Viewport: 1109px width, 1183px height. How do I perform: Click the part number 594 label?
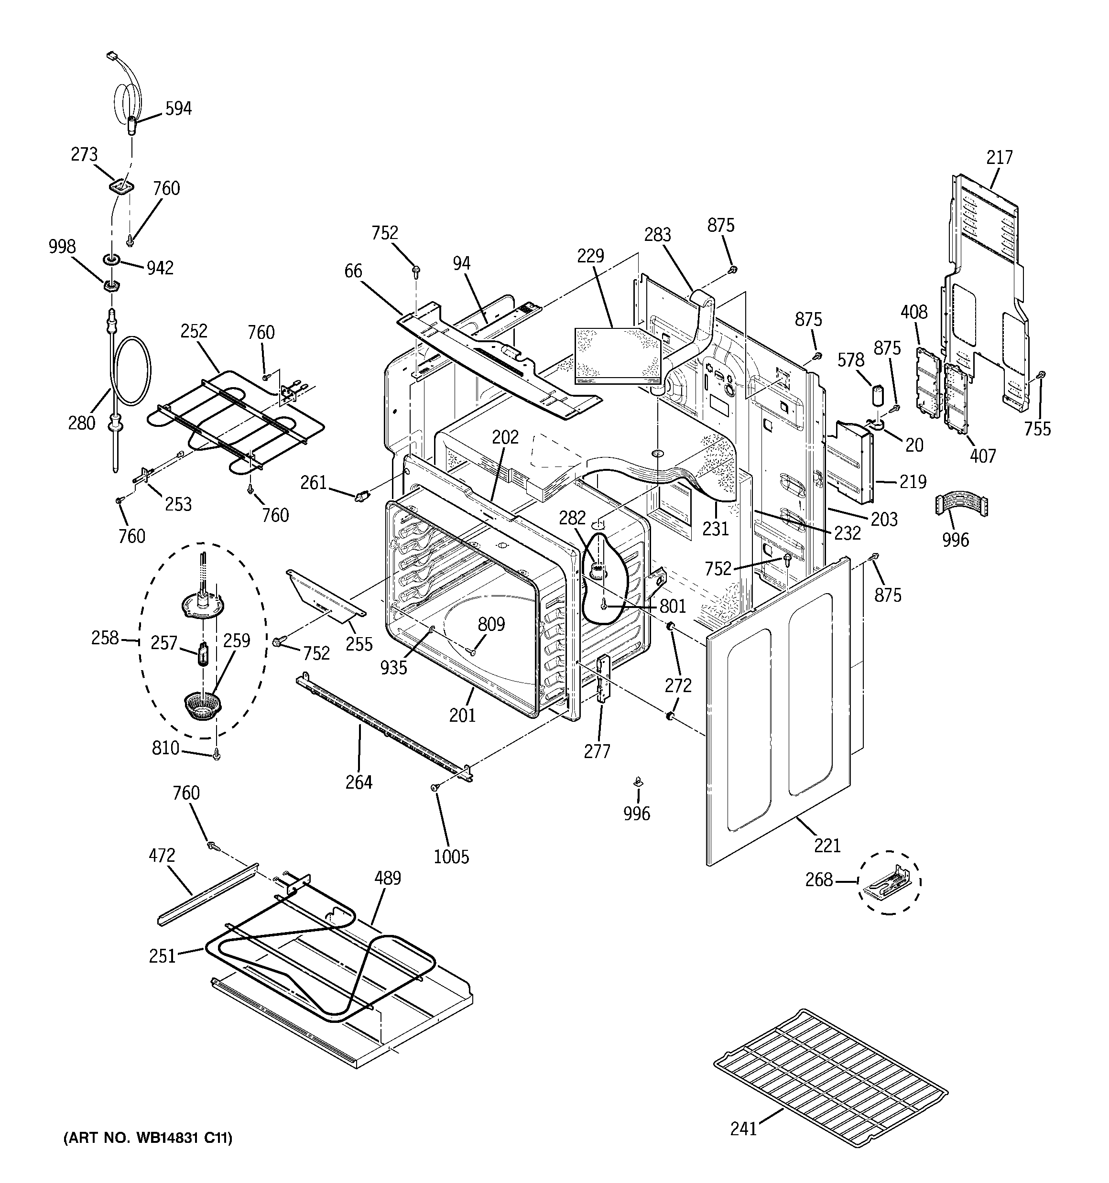[x=179, y=109]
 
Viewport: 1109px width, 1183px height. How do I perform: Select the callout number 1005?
[x=451, y=857]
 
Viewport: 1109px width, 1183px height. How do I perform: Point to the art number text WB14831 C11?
[x=148, y=1139]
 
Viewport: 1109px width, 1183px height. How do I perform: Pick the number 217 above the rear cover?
[x=1000, y=158]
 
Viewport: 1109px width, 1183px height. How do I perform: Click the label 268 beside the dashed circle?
[x=818, y=879]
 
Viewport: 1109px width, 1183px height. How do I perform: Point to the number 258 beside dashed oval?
[x=105, y=638]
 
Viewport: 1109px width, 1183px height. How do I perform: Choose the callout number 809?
[x=491, y=624]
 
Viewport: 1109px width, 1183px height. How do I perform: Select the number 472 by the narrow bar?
[x=162, y=855]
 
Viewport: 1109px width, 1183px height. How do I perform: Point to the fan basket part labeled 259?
[x=202, y=705]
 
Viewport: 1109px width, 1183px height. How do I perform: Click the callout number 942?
[x=160, y=268]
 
